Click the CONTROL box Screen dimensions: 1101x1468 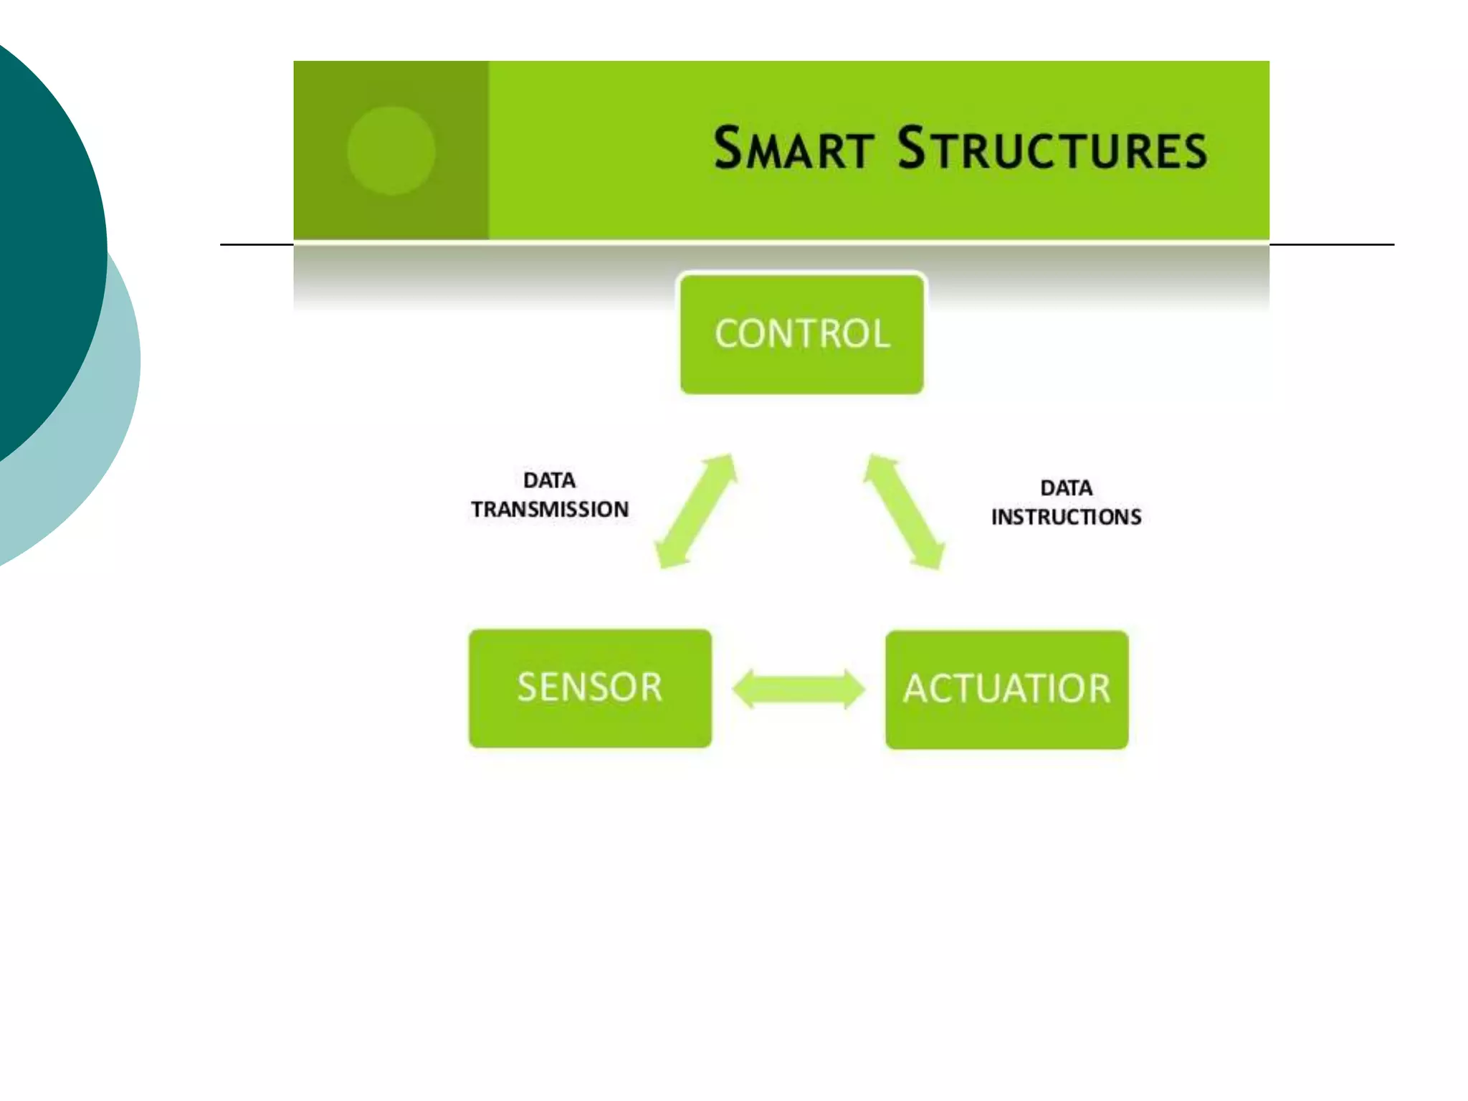click(801, 334)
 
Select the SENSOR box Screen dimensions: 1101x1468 click(590, 688)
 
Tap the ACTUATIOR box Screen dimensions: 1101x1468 click(1006, 690)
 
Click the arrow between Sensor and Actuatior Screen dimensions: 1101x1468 click(799, 689)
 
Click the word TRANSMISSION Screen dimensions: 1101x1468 click(550, 510)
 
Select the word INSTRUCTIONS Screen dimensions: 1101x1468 click(1066, 518)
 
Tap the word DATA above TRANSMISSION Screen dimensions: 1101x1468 click(549, 480)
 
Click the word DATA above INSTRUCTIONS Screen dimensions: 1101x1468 click(1066, 488)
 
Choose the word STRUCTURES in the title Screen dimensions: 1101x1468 click(1052, 149)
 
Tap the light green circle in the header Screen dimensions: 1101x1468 click(391, 151)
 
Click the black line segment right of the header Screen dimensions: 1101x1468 click(1332, 244)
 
